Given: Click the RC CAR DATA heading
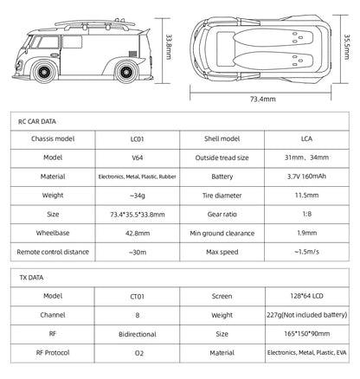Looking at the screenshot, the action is pos(37,122).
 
